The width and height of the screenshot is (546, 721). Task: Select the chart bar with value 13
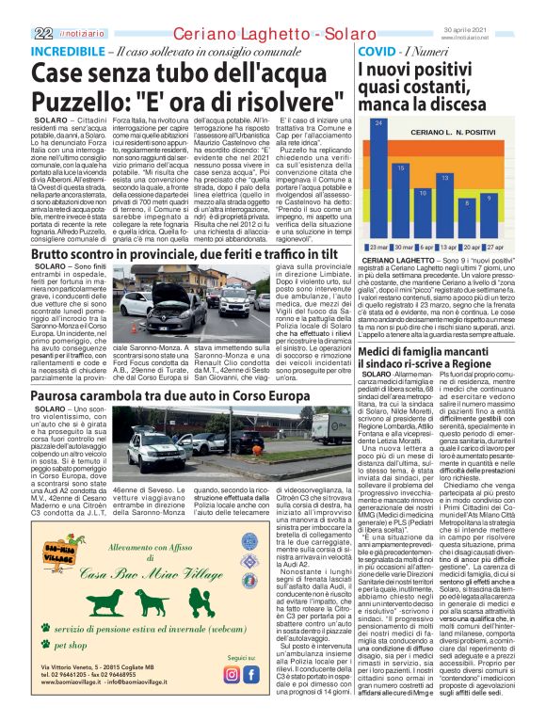point(444,204)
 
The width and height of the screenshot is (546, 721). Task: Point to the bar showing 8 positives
point(466,217)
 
